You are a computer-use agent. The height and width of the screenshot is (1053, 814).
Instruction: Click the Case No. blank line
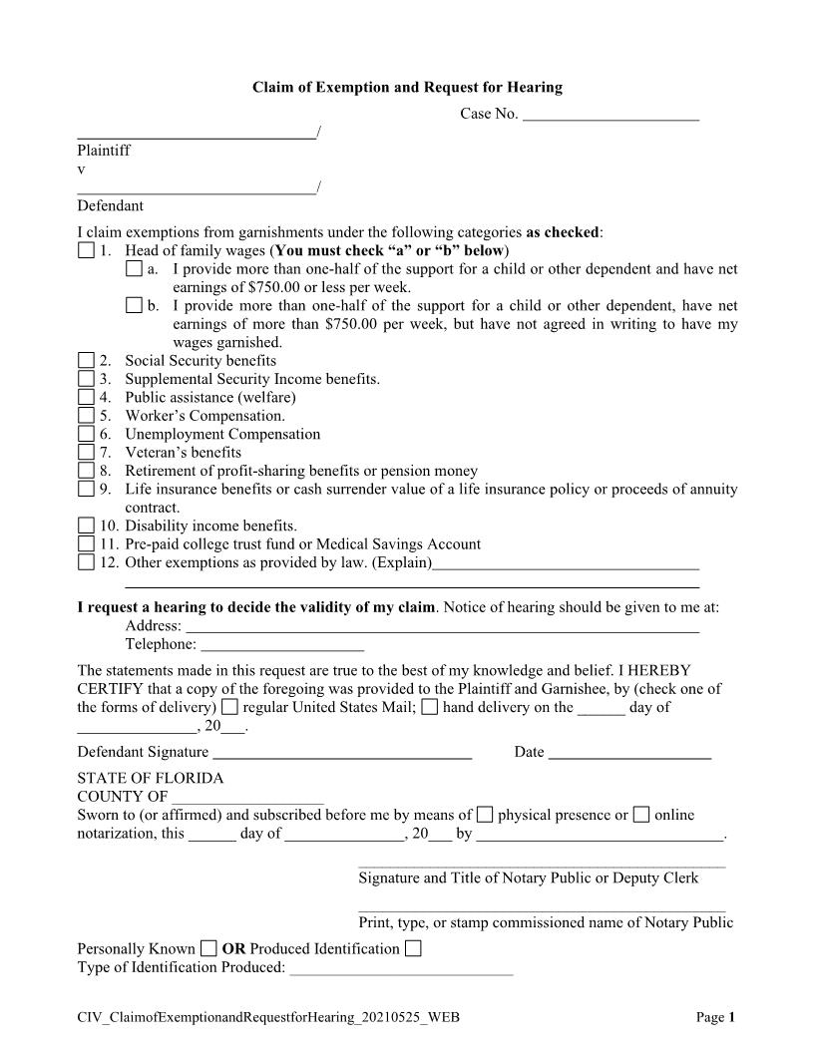610,116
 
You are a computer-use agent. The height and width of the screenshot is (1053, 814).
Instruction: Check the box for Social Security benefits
86,361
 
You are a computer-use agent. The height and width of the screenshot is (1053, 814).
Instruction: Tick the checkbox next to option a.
134,269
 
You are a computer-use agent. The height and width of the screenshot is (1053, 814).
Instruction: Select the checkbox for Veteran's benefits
86,453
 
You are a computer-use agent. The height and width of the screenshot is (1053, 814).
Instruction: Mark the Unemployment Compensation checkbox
86,435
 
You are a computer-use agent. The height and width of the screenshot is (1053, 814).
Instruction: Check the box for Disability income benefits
86,526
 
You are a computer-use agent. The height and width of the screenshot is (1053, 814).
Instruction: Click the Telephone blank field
282,646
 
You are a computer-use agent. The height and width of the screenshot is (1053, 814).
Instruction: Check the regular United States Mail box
230,708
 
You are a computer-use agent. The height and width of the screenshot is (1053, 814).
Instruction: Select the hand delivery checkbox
430,708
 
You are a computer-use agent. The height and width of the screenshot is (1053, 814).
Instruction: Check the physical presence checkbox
485,815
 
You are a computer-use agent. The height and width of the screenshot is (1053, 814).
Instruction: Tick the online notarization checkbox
641,815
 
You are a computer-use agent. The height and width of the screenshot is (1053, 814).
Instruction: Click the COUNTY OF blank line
247,798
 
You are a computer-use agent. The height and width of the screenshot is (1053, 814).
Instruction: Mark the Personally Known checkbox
208,948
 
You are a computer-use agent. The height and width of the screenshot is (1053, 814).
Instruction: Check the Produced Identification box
413,948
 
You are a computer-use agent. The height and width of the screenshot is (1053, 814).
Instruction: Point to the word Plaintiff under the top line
104,151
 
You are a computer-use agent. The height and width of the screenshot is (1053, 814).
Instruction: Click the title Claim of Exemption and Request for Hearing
407,88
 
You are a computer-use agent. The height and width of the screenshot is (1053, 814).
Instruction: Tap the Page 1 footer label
715,1017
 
